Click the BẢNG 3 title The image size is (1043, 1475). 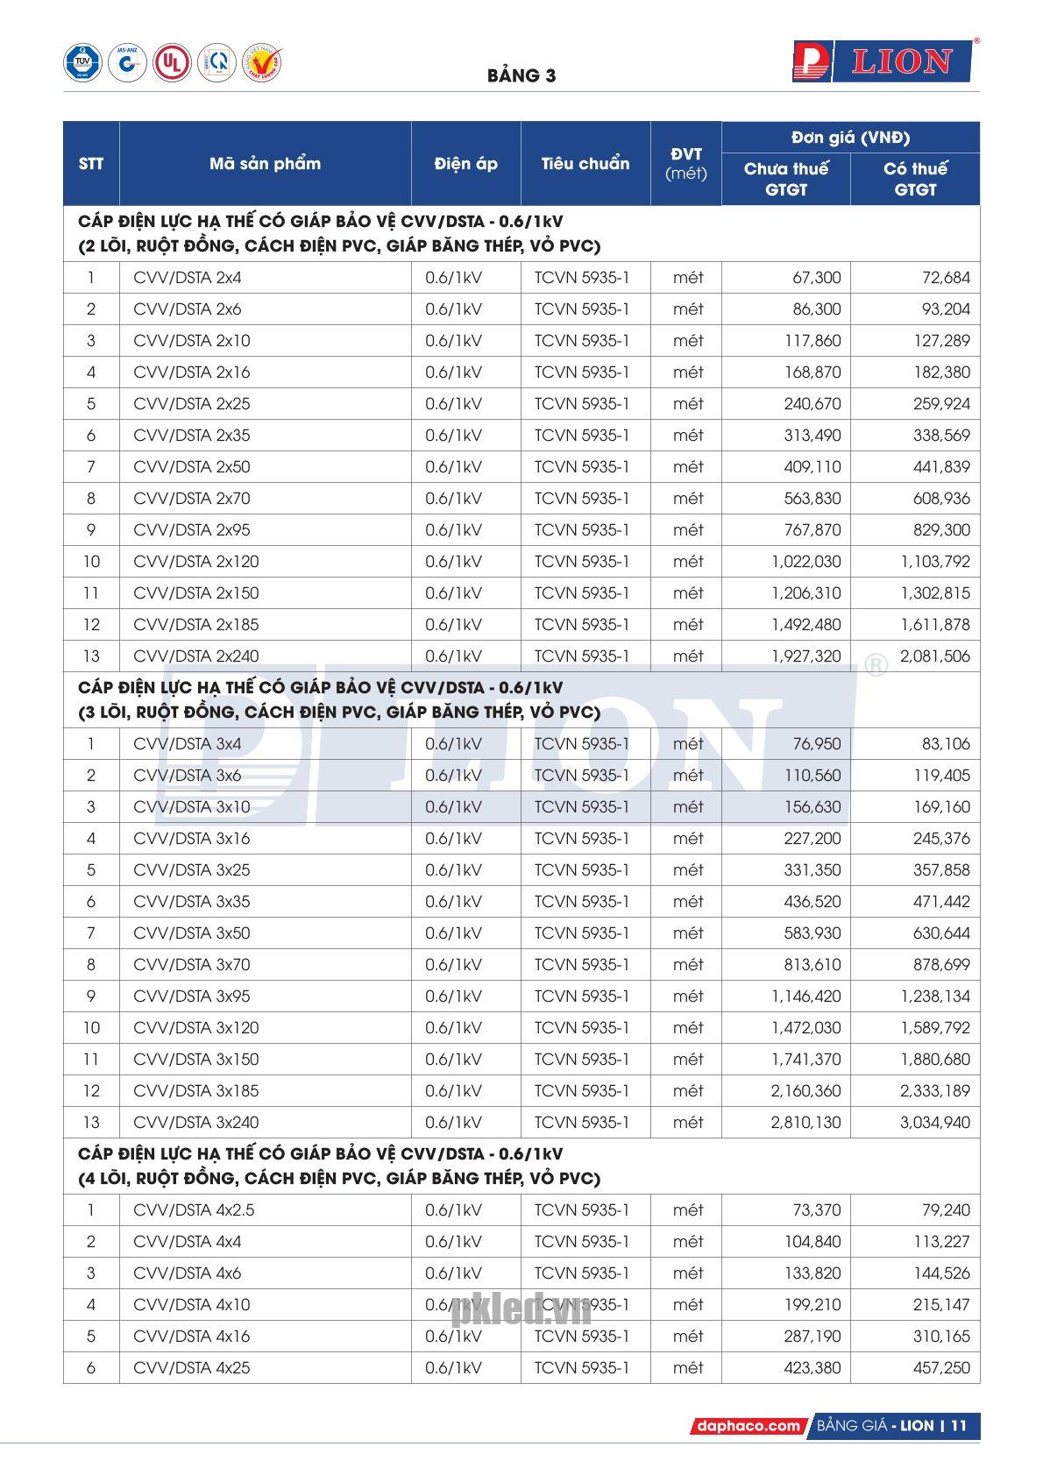click(x=521, y=75)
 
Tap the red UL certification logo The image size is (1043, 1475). click(x=171, y=63)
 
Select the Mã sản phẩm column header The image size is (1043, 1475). click(x=265, y=164)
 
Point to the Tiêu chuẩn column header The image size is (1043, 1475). click(x=585, y=164)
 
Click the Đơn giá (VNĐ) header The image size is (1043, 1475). click(x=849, y=138)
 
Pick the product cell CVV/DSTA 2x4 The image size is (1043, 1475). click(x=188, y=278)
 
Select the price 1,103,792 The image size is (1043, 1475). click(x=935, y=562)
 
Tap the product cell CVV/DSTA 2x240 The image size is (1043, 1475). click(x=196, y=656)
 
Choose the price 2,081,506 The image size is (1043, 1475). click(x=935, y=656)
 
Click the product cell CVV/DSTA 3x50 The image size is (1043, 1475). click(x=192, y=933)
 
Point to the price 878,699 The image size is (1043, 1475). click(x=941, y=965)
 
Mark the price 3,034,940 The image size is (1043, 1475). click(x=935, y=1123)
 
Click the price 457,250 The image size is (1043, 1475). click(x=941, y=1368)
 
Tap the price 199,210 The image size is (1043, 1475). click(x=812, y=1305)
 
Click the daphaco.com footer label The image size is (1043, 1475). click(x=749, y=1426)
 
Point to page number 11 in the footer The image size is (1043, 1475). click(x=957, y=1426)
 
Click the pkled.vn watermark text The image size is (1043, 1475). click(x=522, y=1311)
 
